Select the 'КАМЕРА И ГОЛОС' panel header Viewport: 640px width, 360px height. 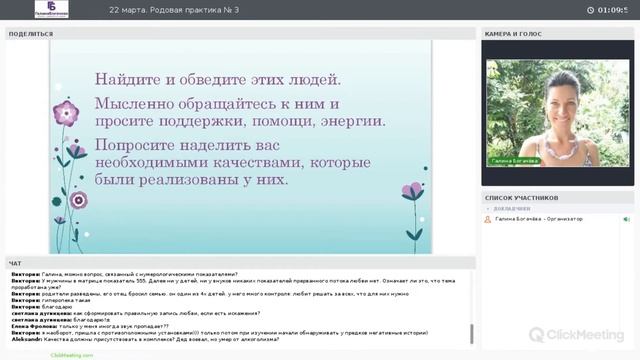[x=513, y=34]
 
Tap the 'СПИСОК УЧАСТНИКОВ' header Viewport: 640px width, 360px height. [x=521, y=198]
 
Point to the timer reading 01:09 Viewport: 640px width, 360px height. [x=612, y=10]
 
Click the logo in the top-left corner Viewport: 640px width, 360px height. [x=51, y=9]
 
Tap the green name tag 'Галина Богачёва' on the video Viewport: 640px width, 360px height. [x=512, y=160]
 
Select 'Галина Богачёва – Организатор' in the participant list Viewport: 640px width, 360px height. [x=539, y=219]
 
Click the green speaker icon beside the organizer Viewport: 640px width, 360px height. [x=626, y=219]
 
